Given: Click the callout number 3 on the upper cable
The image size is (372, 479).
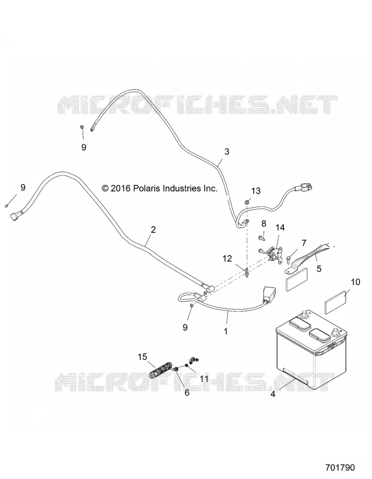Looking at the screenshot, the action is click(x=227, y=151).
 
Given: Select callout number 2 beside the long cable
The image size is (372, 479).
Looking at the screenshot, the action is click(x=153, y=229).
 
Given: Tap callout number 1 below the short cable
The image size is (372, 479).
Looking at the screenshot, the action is click(x=225, y=331).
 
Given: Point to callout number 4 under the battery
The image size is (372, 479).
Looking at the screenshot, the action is click(x=273, y=395).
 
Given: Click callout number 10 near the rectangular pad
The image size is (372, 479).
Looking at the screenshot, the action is click(x=355, y=281).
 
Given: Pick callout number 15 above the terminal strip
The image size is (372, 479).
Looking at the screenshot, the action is click(x=142, y=357).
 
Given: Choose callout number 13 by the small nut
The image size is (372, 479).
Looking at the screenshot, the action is click(x=256, y=191).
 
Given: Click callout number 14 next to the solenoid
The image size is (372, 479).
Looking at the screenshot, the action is click(x=280, y=228).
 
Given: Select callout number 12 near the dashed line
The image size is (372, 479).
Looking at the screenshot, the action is click(x=227, y=259).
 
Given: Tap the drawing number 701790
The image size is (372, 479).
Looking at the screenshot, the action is click(x=340, y=468).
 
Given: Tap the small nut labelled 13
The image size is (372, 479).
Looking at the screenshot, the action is click(x=246, y=202).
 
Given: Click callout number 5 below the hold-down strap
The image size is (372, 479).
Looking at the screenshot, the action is click(x=319, y=269).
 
